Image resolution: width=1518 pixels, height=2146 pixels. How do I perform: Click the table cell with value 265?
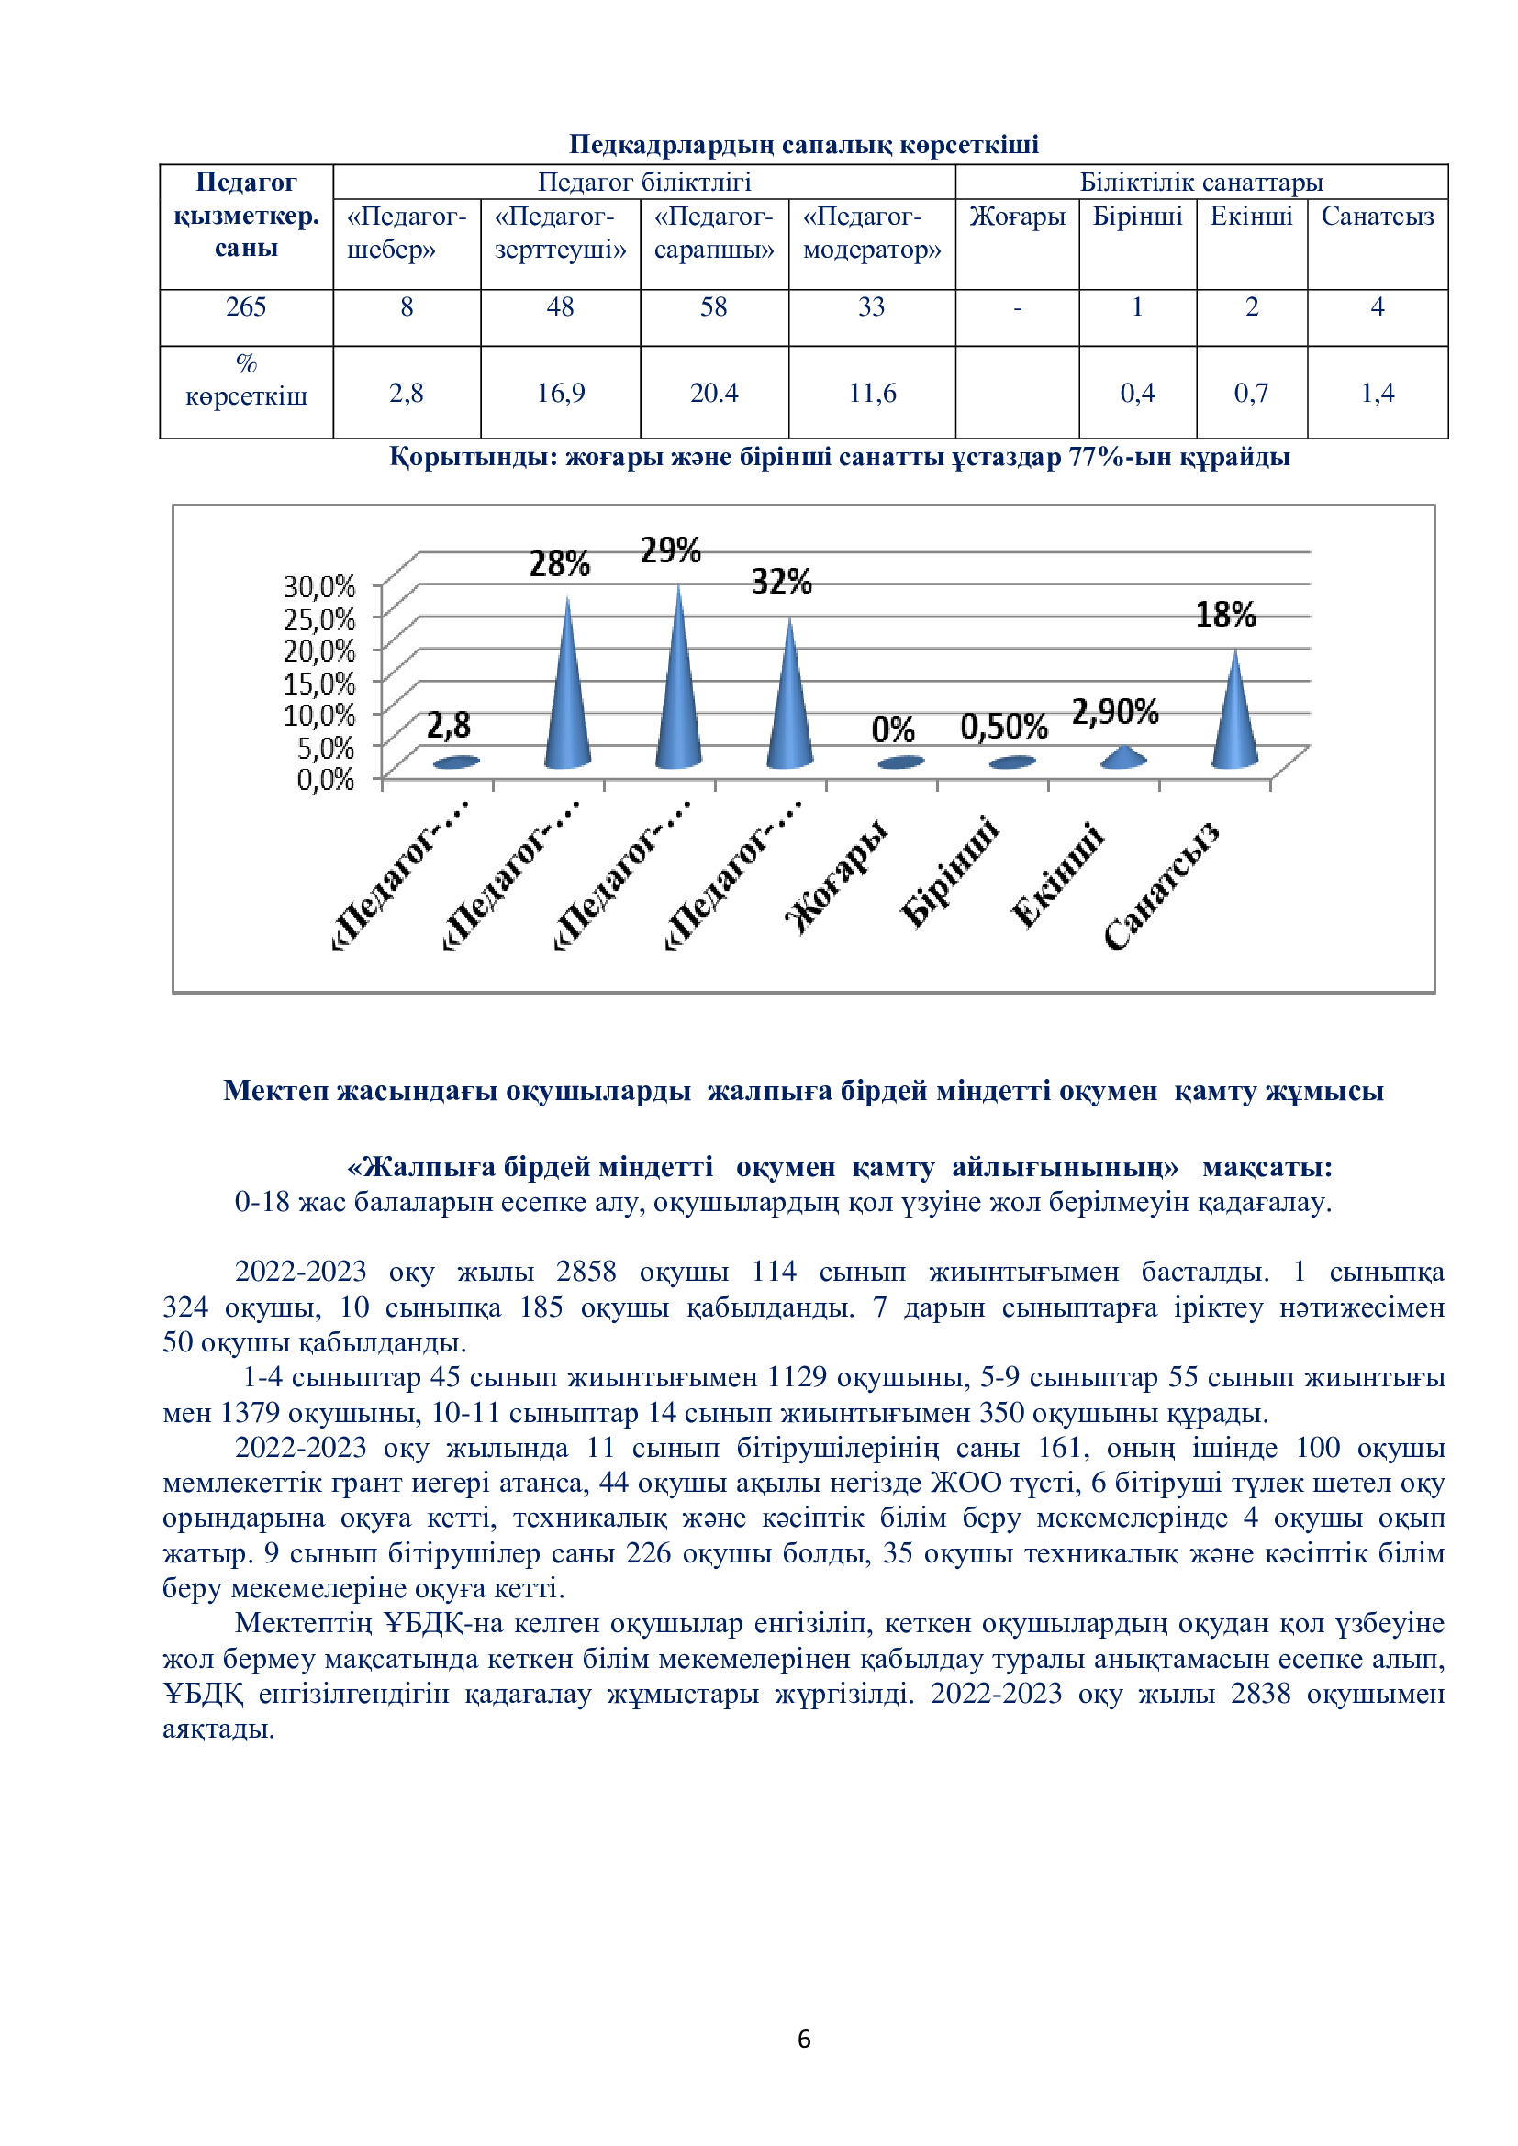(246, 307)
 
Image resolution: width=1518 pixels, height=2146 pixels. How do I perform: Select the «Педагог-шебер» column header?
(406, 233)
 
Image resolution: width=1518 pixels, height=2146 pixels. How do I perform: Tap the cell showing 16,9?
(560, 393)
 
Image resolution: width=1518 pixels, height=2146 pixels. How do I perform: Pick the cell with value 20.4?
(713, 393)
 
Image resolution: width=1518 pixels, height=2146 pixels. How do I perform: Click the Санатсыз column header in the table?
(1377, 217)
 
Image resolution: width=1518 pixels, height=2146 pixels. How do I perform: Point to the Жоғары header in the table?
(1017, 217)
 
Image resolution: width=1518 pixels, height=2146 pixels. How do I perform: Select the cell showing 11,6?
(871, 393)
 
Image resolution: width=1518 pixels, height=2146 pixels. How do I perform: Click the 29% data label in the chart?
(670, 550)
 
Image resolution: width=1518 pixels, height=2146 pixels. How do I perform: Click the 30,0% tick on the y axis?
(318, 587)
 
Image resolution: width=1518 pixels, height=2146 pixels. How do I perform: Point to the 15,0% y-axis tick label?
(318, 684)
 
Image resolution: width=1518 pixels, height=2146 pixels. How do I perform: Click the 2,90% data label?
(1114, 712)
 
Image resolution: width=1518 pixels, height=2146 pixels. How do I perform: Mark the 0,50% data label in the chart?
(1004, 727)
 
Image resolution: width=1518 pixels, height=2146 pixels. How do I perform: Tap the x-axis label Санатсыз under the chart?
(1161, 886)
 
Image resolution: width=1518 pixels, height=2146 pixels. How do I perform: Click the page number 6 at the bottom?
(804, 2039)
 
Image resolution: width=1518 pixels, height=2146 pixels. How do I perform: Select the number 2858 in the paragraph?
(586, 1271)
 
